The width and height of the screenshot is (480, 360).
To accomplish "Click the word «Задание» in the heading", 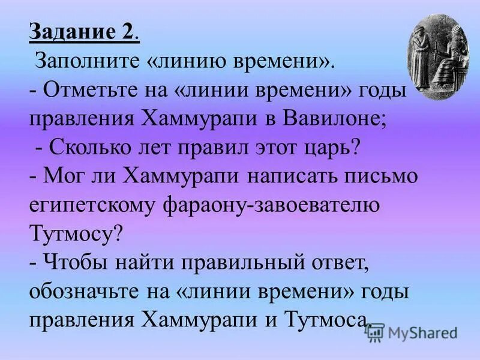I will (x=68, y=32).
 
